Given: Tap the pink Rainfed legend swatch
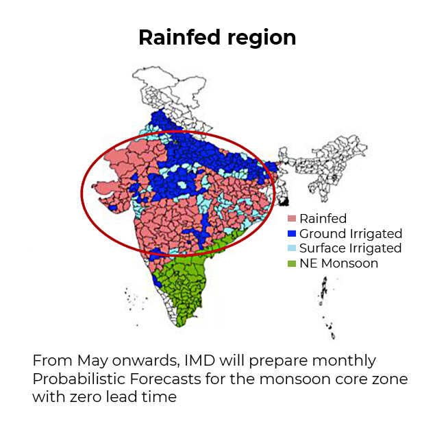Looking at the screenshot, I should click(292, 219).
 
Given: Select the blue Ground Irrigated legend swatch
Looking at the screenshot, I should click(292, 234).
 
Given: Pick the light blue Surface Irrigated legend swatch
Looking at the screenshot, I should click(292, 248).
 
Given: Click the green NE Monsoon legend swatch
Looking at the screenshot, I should click(292, 263).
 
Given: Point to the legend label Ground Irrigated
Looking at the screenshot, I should click(350, 234).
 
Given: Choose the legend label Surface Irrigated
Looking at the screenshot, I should click(350, 248).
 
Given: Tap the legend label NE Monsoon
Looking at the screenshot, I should click(338, 263).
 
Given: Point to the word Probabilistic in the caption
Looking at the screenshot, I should click(73, 379).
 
